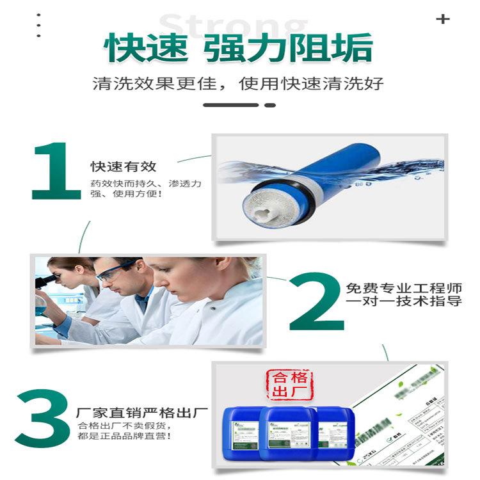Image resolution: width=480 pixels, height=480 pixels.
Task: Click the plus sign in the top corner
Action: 442,19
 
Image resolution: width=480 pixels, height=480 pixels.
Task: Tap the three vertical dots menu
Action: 39,26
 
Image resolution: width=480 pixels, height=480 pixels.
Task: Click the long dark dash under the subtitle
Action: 230,105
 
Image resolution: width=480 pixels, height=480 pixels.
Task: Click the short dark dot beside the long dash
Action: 270,105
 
